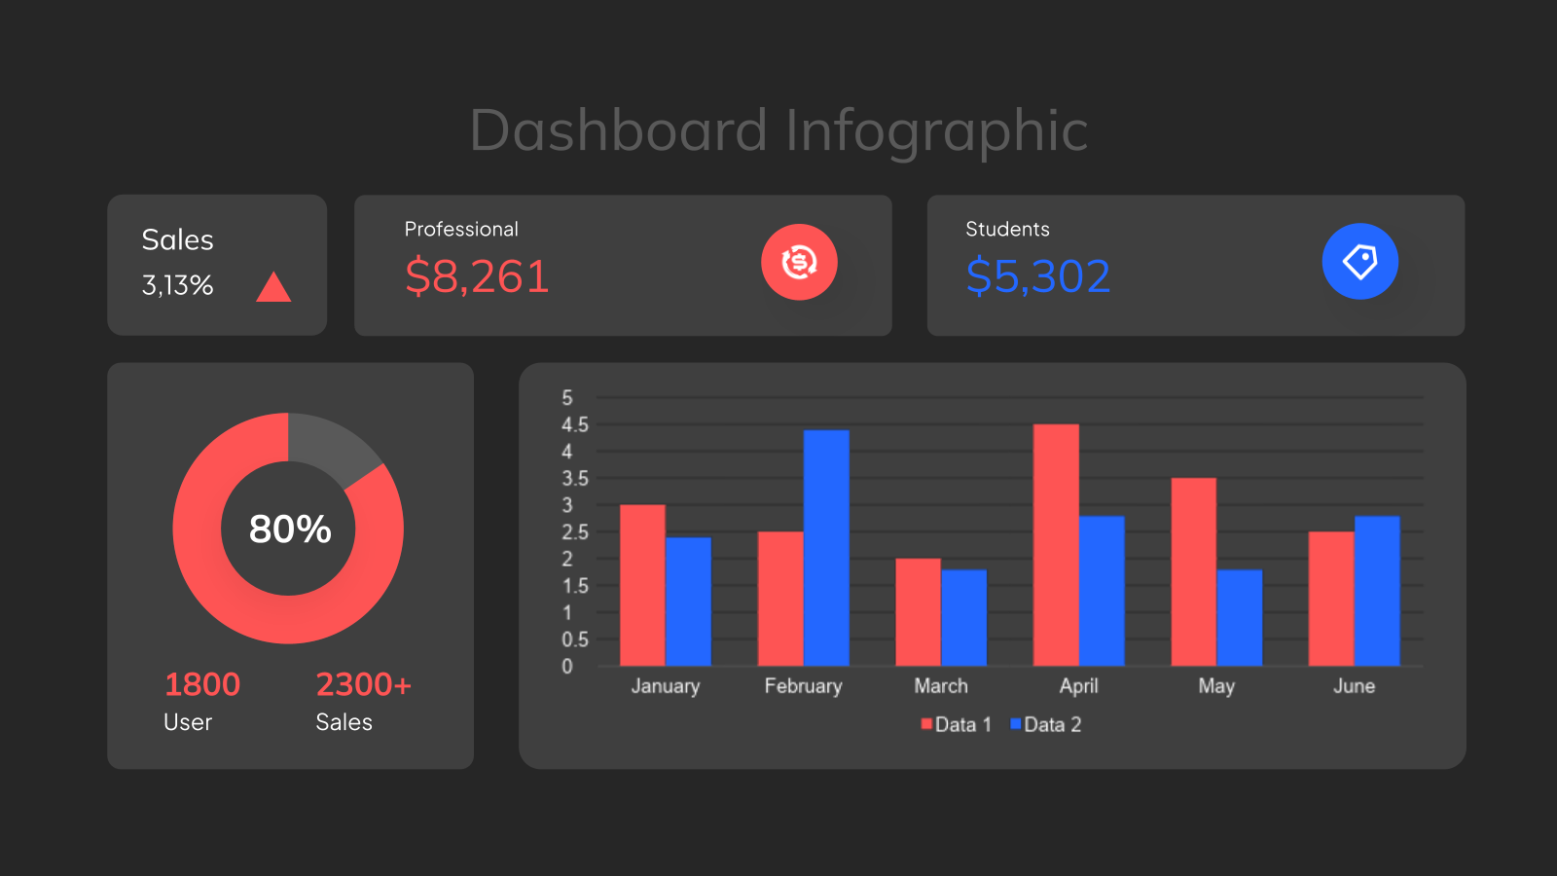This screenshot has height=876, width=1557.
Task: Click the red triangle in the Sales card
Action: (273, 287)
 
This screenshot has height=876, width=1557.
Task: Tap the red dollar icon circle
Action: (799, 262)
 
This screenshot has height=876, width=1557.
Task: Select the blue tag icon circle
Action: (1360, 262)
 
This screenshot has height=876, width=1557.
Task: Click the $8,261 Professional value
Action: (477, 276)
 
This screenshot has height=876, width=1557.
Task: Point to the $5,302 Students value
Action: (1037, 276)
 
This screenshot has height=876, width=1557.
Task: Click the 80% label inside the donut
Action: (290, 529)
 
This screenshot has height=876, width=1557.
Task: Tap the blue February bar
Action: (826, 548)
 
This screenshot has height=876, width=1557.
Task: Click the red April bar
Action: (1056, 545)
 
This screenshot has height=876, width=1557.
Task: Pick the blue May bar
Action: (1240, 618)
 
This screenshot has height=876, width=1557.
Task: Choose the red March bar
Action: (919, 612)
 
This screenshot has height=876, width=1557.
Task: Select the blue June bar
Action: (1377, 591)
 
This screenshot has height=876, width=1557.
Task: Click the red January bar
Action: (642, 585)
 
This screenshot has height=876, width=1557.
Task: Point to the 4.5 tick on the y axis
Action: (575, 424)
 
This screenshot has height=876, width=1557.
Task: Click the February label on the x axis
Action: (804, 686)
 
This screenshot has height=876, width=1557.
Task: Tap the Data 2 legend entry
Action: (1045, 724)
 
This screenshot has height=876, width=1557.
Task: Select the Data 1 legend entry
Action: (957, 724)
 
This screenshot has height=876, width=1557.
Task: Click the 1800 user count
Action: (202, 685)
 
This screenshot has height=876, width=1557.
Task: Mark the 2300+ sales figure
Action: (364, 685)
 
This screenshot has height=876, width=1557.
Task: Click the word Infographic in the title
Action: (937, 130)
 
